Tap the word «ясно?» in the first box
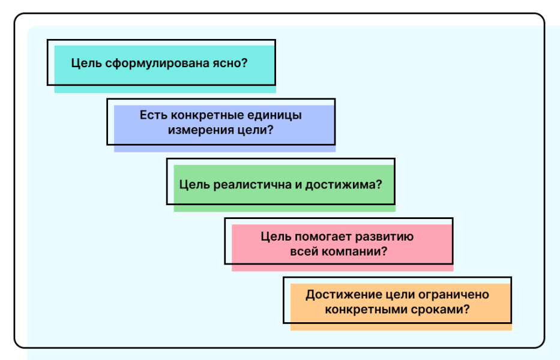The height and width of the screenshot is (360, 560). click(230, 63)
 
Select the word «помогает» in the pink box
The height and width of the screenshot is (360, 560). click(323, 237)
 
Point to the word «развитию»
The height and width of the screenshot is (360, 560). click(384, 237)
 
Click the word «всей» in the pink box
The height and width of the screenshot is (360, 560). click(304, 252)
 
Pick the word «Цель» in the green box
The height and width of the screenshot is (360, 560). click(194, 185)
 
